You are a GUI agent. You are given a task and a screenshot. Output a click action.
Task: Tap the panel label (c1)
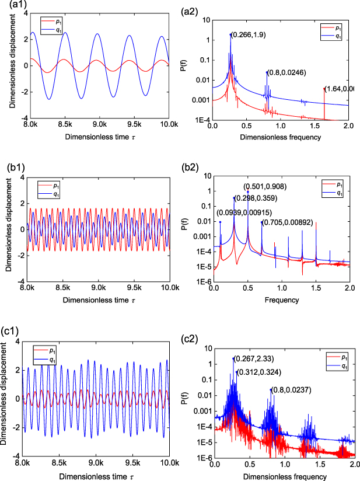pyautogui.click(x=11, y=331)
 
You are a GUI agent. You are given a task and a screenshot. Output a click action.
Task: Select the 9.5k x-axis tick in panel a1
pyautogui.click(x=135, y=124)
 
